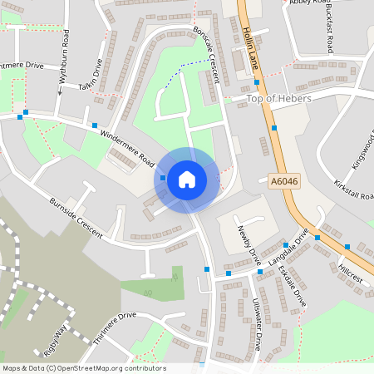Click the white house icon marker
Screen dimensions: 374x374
point(187,179)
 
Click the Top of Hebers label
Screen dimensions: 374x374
point(279,99)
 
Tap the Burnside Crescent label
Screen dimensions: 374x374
point(75,218)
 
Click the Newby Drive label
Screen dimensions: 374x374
point(249,245)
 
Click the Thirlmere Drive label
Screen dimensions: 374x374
point(114,327)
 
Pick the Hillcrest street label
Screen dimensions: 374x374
point(351,272)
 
